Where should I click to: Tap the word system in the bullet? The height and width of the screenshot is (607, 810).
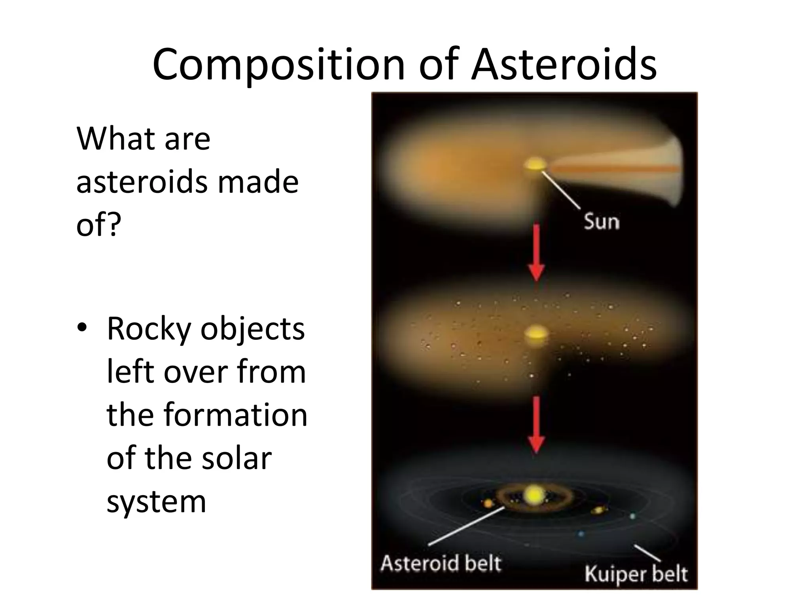pyautogui.click(x=156, y=502)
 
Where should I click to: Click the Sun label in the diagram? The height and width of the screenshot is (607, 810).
pyautogui.click(x=602, y=221)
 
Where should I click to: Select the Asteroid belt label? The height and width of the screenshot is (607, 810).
pyautogui.click(x=441, y=563)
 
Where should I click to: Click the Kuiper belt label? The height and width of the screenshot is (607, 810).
pyautogui.click(x=636, y=574)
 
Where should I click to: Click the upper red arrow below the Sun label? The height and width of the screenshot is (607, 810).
pyautogui.click(x=536, y=253)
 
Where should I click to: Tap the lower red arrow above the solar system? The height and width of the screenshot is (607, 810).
pyautogui.click(x=536, y=425)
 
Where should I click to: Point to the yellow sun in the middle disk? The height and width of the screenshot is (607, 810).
pyautogui.click(x=536, y=335)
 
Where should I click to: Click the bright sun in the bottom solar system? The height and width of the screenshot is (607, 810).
pyautogui.click(x=534, y=494)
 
